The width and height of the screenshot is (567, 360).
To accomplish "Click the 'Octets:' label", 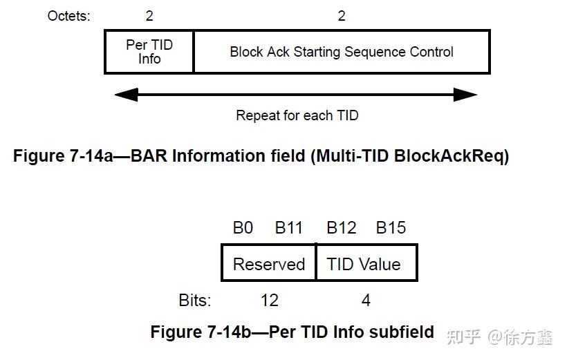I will (x=68, y=15).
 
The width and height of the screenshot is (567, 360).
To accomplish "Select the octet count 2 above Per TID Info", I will (x=149, y=15).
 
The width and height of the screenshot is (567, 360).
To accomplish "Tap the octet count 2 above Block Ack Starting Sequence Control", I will (x=342, y=15).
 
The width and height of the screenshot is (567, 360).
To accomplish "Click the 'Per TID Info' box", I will (x=149, y=52).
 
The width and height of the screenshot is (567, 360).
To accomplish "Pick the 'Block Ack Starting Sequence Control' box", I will (x=342, y=52).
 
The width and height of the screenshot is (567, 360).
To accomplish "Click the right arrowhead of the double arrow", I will (x=466, y=95).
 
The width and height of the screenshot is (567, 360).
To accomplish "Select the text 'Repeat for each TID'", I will (x=297, y=115).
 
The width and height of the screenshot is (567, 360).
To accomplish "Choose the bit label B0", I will (x=243, y=228).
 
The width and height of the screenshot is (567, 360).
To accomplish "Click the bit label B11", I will (x=289, y=228).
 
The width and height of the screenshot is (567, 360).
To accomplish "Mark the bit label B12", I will (x=341, y=228).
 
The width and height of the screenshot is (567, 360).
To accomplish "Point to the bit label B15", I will (x=391, y=228).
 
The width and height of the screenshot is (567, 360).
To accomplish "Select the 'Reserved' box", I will (x=269, y=264).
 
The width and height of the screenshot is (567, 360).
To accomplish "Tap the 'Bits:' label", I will (x=195, y=300).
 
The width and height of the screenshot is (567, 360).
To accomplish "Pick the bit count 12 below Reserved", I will (x=269, y=300).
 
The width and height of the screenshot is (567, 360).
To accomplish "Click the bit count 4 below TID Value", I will (x=366, y=300).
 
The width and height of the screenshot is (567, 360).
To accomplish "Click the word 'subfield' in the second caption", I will (x=403, y=332).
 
